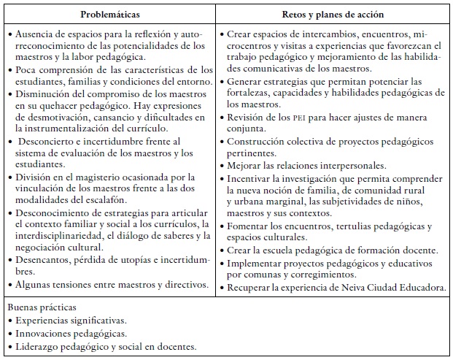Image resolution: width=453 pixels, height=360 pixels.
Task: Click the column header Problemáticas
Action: pyautogui.click(x=112, y=14)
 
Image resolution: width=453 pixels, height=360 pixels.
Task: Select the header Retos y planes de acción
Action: pyautogui.click(x=335, y=14)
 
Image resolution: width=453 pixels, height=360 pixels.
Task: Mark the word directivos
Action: pyautogui.click(x=186, y=284)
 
